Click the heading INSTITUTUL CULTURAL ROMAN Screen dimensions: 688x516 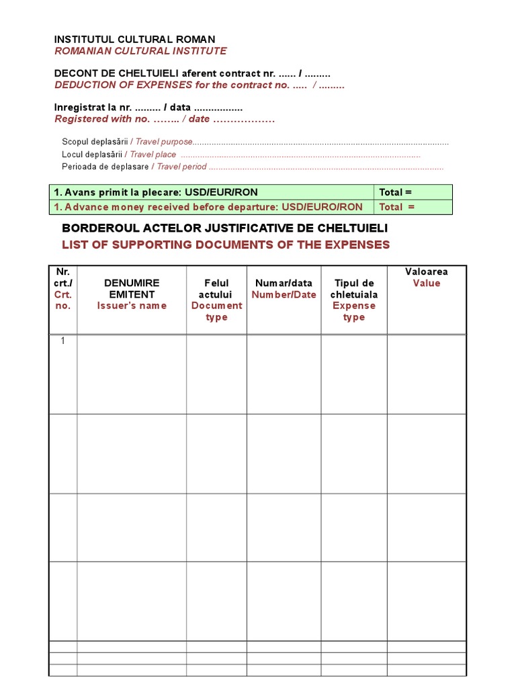(x=134, y=40)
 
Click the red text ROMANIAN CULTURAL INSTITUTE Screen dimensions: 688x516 (x=140, y=51)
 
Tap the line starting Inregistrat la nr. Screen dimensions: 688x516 (x=148, y=107)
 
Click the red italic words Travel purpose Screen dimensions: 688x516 (x=164, y=142)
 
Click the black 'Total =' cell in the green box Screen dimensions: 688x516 (x=395, y=192)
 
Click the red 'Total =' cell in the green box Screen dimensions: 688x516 (x=396, y=207)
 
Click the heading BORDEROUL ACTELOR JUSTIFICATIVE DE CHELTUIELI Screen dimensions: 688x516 (x=224, y=228)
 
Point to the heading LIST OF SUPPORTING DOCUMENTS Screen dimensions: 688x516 (x=226, y=245)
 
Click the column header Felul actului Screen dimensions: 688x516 (x=216, y=289)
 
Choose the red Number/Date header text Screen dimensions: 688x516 (x=284, y=295)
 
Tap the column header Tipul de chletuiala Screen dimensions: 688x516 (x=353, y=289)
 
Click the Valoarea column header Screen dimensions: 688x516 (x=426, y=271)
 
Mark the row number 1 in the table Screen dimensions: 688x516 (x=63, y=341)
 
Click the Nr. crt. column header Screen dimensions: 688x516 (x=63, y=283)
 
